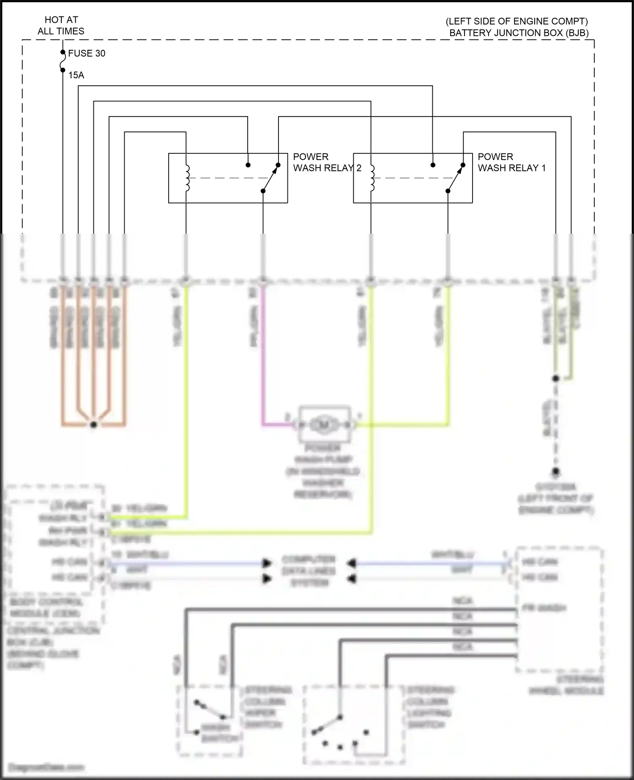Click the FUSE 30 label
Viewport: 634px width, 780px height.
click(x=86, y=53)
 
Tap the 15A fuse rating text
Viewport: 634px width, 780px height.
click(x=76, y=75)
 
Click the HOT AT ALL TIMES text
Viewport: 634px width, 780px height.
click(x=61, y=25)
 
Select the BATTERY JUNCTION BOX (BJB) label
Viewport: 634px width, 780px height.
click(x=519, y=33)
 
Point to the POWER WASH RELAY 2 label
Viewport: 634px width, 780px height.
click(x=327, y=162)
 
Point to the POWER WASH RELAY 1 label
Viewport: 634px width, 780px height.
click(x=511, y=162)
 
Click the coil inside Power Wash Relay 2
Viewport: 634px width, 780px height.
click(x=187, y=178)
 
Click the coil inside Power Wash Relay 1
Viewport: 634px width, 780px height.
click(x=372, y=178)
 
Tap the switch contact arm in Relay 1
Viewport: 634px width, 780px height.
click(x=455, y=178)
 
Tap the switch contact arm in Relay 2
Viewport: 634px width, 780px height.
click(x=271, y=178)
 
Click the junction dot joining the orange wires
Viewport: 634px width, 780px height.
click(x=94, y=425)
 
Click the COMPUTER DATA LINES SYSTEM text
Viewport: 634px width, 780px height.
click(x=309, y=571)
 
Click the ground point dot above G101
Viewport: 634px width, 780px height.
click(x=556, y=471)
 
